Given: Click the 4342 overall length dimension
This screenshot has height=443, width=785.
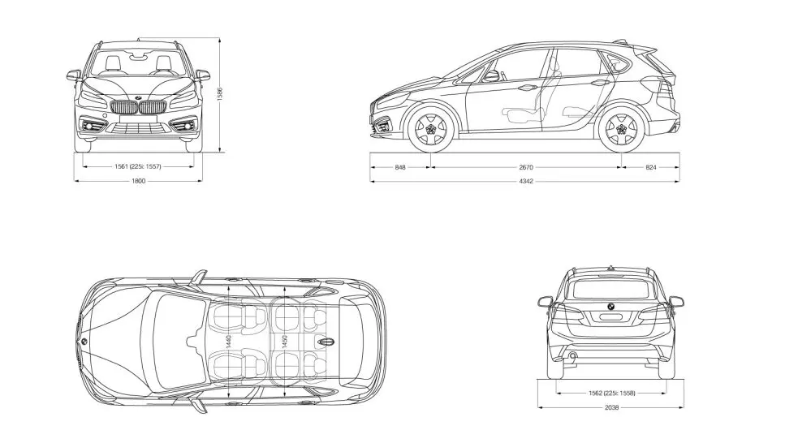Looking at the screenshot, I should (525, 181).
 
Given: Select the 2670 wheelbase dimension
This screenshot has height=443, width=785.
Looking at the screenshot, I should (525, 166).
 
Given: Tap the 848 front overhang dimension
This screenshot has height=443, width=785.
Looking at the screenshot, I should (400, 166).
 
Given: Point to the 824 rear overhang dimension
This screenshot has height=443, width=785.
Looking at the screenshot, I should (651, 166).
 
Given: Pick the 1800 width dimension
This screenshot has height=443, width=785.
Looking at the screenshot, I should (138, 181).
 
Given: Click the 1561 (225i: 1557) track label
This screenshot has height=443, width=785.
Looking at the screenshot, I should (138, 166).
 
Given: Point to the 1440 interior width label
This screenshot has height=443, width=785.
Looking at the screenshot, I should (229, 341).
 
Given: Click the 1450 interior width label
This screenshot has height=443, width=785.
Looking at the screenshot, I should (283, 341).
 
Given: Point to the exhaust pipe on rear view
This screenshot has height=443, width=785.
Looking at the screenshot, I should (574, 355).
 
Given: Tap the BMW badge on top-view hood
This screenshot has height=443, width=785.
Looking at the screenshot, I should (83, 341).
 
